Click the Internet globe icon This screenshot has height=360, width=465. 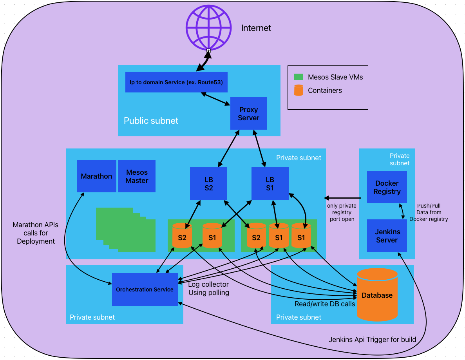pos(208,27)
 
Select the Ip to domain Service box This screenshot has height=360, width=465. pos(176,82)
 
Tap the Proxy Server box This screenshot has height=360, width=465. pos(249,114)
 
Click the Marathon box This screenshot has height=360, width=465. pos(96,176)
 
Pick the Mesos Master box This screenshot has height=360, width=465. pos(137,176)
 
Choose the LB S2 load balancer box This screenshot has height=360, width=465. pos(208,183)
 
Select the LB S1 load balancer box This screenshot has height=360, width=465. pos(270,183)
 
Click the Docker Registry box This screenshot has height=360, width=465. pos(387,187)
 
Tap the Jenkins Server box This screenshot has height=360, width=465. pos(387,236)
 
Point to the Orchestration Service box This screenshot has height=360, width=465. pos(145,289)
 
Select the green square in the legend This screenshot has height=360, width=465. pos(299,77)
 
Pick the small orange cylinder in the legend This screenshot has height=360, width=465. pos(299,90)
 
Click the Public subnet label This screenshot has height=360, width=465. pos(151,121)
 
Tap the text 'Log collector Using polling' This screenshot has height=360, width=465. pos(208,289)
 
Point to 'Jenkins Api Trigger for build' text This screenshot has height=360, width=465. pos(372,340)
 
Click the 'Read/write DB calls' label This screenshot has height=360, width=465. pos(325,304)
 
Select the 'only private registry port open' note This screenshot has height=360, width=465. pos(342,212)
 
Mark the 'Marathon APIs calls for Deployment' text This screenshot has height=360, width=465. pos(36,233)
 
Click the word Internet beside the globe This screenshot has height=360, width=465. pos(256,28)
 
